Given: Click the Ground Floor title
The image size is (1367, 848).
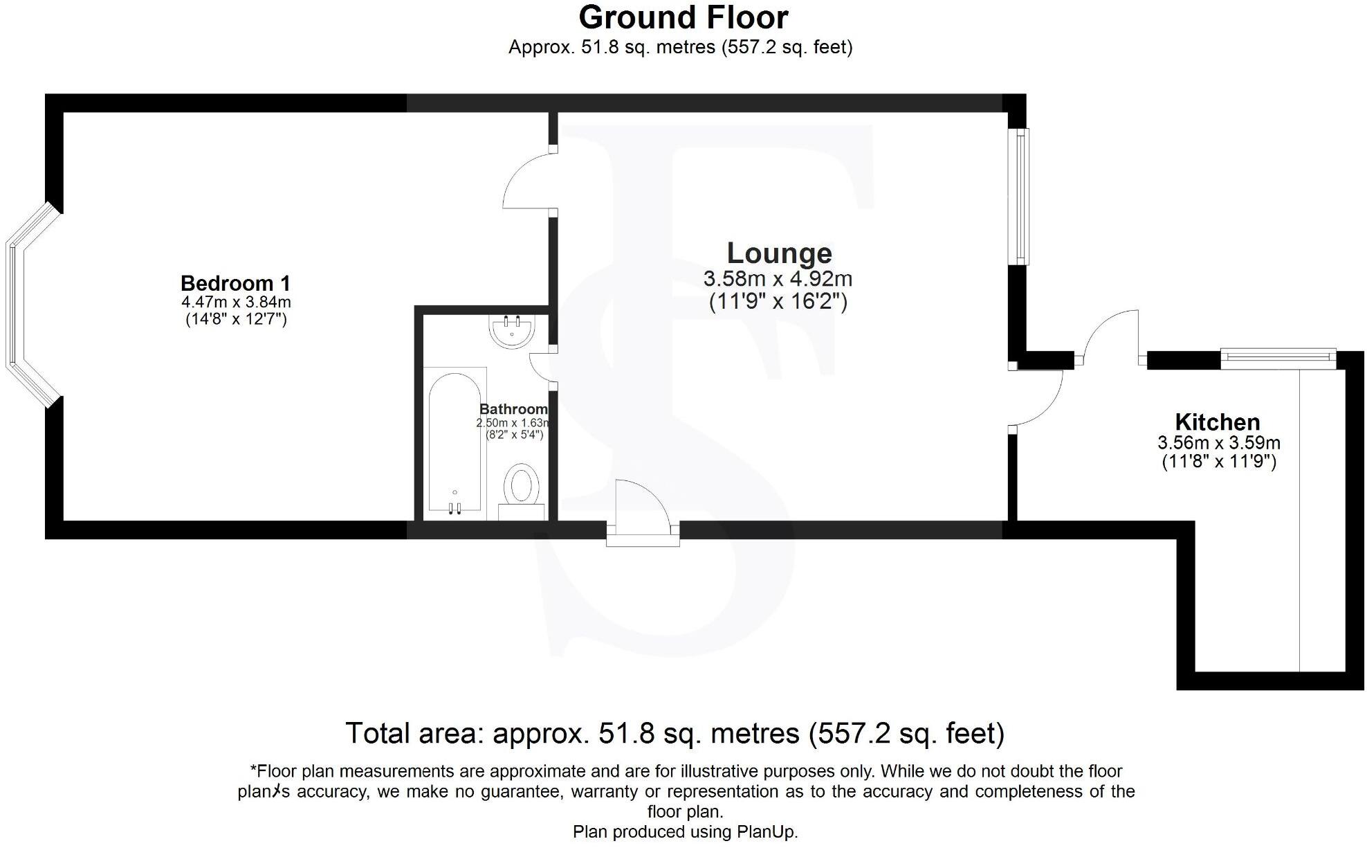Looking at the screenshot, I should pyautogui.click(x=683, y=17).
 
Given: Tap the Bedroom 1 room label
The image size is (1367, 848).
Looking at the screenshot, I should pyautogui.click(x=235, y=283).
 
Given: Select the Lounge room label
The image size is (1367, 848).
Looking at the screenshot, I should pyautogui.click(x=779, y=253).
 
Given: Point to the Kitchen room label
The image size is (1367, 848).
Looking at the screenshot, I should pyautogui.click(x=1217, y=422).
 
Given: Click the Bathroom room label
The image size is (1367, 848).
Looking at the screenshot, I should pyautogui.click(x=513, y=409).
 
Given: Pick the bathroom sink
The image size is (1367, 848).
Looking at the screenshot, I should pyautogui.click(x=512, y=330).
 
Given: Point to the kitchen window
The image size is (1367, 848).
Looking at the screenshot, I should pyautogui.click(x=1278, y=356).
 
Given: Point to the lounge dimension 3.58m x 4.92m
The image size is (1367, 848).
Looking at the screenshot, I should pyautogui.click(x=778, y=280).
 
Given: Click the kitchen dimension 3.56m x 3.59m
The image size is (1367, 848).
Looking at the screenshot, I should pyautogui.click(x=1218, y=443).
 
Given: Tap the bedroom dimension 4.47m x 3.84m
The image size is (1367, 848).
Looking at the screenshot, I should pyautogui.click(x=236, y=303).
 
